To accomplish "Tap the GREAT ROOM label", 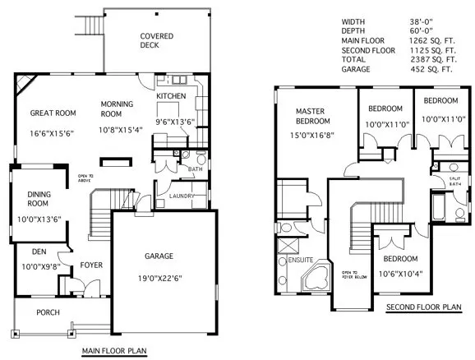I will [53, 113].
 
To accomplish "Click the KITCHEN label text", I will [171, 96].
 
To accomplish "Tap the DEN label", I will [39, 252].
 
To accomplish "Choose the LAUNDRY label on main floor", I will [181, 196].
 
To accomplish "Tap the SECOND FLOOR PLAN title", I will [424, 308].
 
